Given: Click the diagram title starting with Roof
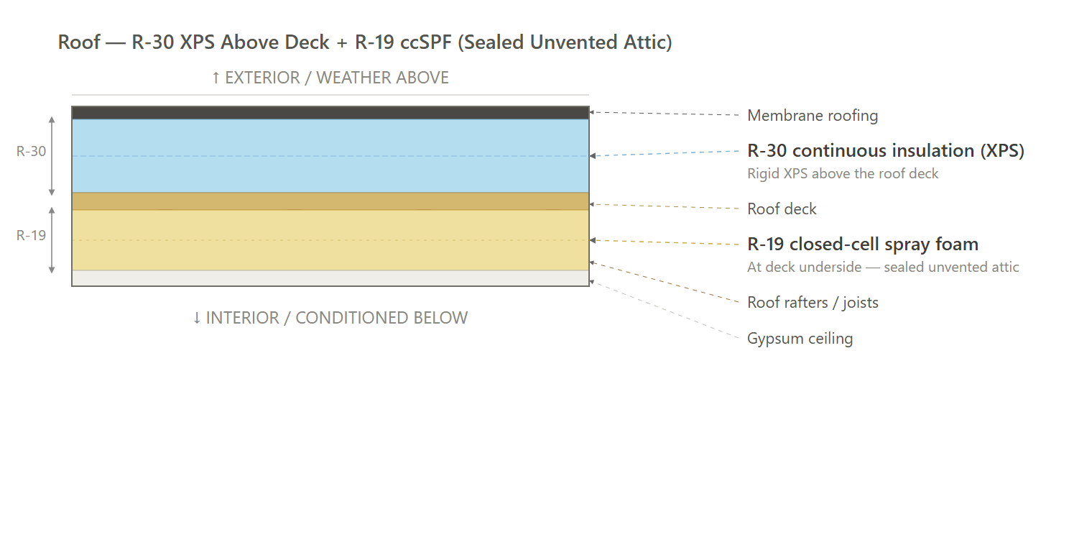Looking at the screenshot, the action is coord(365,42).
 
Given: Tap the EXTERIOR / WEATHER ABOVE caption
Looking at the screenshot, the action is coord(330,78).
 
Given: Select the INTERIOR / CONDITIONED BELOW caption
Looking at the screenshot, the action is coord(330,318).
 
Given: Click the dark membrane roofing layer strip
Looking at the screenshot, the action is coord(330,113).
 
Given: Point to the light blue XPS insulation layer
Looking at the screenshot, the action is coord(330,155).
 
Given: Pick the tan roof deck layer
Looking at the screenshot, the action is coord(330,201).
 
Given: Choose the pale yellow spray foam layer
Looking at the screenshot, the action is coord(330,239).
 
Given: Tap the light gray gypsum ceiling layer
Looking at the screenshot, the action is coord(330,278).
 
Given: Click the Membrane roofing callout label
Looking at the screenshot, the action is coord(813,116).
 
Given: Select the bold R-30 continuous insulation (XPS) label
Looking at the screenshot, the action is coord(886,151).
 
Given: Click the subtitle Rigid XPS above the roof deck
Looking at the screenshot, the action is coord(843,173).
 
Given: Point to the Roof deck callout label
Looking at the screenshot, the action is coord(782,209).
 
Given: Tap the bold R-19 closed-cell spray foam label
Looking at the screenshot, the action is coord(863,244).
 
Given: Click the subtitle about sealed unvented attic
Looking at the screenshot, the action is coord(883,267).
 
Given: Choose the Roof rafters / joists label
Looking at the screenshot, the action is coord(813,303).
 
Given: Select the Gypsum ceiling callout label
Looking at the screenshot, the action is coord(800,339).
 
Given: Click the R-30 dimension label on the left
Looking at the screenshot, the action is coord(31,151).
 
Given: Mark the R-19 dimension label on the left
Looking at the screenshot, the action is coord(31,235).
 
